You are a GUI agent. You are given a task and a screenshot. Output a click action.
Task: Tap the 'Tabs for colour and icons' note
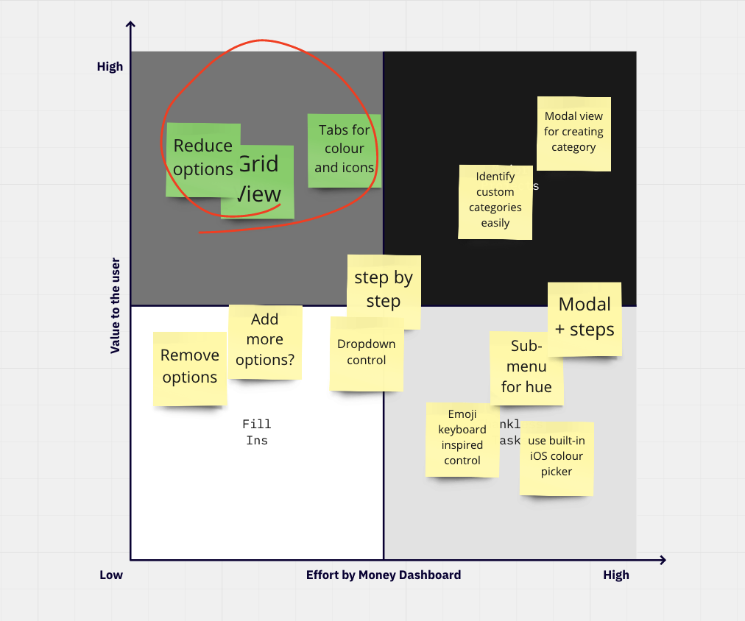pyautogui.click(x=344, y=149)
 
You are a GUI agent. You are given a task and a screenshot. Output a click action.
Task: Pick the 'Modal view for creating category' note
pyautogui.click(x=573, y=132)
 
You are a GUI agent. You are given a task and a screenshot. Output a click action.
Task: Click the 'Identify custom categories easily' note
pyautogui.click(x=495, y=201)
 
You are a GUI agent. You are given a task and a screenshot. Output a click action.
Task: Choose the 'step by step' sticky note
pyautogui.click(x=384, y=290)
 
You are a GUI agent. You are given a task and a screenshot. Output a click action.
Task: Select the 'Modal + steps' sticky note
pyautogui.click(x=585, y=318)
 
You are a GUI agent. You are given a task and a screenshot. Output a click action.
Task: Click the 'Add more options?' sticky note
pyautogui.click(x=265, y=341)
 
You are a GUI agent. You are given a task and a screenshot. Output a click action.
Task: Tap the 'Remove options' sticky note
pyautogui.click(x=189, y=367)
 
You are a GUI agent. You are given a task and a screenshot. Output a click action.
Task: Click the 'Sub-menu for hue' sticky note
pyautogui.click(x=526, y=367)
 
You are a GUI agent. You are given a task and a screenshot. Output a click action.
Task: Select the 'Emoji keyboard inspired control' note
pyautogui.click(x=462, y=439)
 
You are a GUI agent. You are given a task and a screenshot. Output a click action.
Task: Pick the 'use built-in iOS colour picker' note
pyautogui.click(x=557, y=457)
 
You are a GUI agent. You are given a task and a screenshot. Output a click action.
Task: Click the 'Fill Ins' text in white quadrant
pyautogui.click(x=257, y=433)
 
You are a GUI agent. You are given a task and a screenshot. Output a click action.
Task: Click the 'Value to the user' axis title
pyautogui.click(x=116, y=305)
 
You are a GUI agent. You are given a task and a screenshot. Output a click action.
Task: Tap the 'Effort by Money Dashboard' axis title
pyautogui.click(x=384, y=575)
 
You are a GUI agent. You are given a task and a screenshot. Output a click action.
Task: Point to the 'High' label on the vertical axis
pyautogui.click(x=110, y=67)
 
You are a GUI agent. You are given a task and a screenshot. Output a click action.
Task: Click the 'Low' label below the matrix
pyautogui.click(x=111, y=575)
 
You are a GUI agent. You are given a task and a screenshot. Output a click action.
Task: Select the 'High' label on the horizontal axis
pyautogui.click(x=616, y=575)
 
